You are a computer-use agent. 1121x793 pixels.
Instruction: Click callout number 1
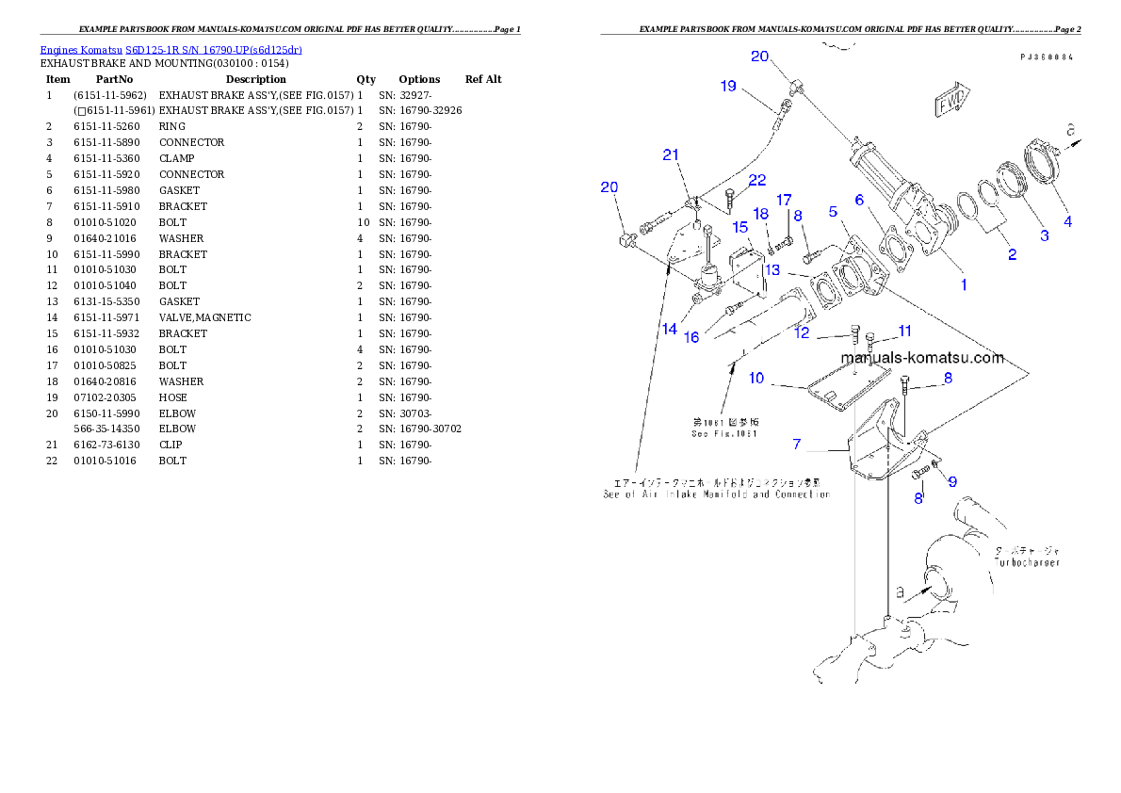coord(963,283)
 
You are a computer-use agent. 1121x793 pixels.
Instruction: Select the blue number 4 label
coord(1067,222)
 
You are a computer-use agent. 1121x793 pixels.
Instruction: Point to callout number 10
coord(756,378)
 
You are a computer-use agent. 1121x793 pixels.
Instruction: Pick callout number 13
coord(772,269)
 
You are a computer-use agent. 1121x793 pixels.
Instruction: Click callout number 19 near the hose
coord(728,86)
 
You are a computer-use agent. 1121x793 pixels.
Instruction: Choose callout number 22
coord(757,180)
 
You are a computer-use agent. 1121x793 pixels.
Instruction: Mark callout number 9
coord(952,481)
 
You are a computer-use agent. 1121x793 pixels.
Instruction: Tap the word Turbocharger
coord(1028,562)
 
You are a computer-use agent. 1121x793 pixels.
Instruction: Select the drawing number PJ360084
coord(1047,57)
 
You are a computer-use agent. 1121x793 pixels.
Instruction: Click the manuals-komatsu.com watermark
coord(922,358)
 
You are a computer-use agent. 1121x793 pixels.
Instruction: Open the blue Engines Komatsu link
coord(171,49)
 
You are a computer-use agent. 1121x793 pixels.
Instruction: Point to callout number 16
coord(691,336)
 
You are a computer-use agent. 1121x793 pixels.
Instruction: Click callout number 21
coord(671,154)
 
